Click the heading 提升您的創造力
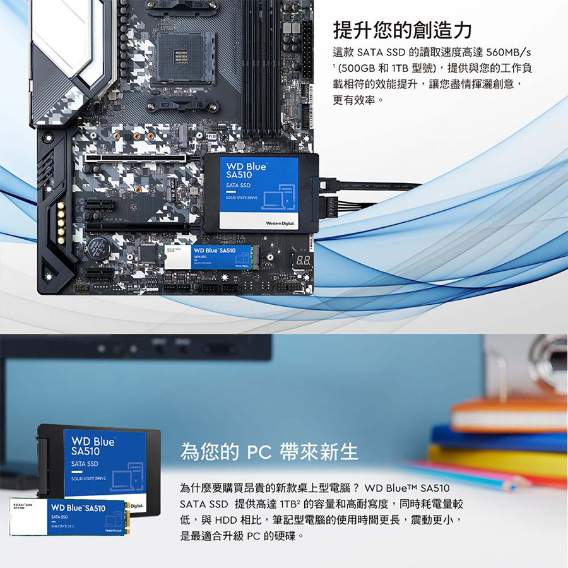tap(402, 29)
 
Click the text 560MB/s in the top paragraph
tap(504, 52)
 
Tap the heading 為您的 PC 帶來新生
tap(269, 452)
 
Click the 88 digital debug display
tap(302, 259)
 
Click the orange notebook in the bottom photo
tap(508, 413)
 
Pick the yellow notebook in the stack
tap(499, 459)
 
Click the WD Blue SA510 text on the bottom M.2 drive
tap(78, 508)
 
